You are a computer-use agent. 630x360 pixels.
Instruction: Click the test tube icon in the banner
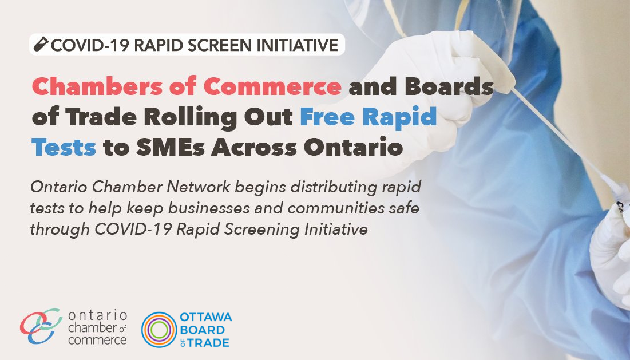coord(41,44)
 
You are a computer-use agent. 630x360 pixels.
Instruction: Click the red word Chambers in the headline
coord(97,86)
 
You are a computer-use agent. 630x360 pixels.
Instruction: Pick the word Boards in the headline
coord(449,86)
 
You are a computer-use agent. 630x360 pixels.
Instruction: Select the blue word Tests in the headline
coord(64,148)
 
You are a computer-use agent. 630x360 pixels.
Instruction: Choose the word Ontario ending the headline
coord(353,148)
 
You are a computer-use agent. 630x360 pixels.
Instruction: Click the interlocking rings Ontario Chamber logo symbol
coord(41,326)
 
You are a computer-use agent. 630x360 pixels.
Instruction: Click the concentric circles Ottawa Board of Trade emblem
coord(159,330)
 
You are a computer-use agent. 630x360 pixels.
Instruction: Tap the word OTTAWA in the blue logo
coord(206,317)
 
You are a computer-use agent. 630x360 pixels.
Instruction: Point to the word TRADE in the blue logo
coord(208,343)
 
